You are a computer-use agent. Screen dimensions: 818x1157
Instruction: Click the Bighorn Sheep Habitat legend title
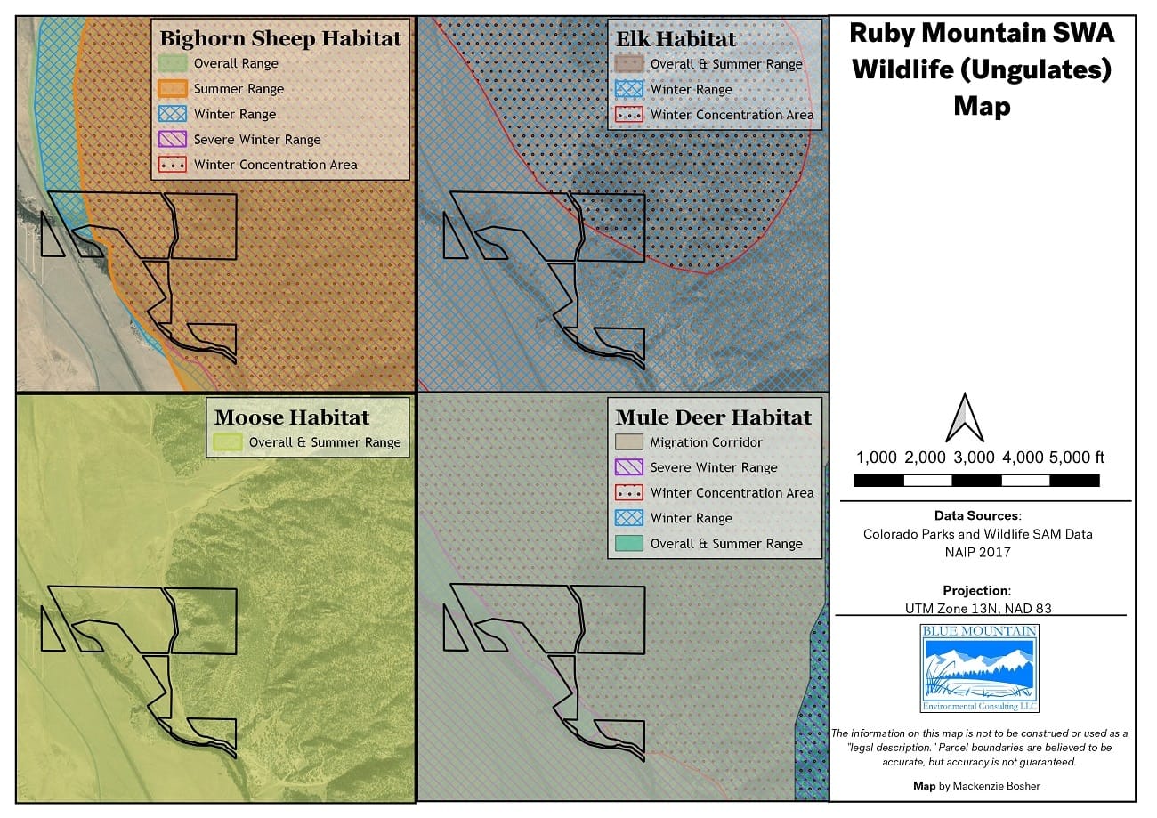coord(279,38)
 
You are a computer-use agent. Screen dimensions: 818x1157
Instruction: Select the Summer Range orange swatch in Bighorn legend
coord(172,89)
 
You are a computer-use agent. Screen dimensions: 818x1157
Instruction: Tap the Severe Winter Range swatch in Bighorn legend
coord(172,140)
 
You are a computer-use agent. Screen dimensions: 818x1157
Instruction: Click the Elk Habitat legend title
coord(676,39)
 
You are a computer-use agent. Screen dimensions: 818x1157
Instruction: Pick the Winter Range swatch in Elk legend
coord(628,90)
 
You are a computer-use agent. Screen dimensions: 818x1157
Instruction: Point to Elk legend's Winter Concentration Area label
coord(732,115)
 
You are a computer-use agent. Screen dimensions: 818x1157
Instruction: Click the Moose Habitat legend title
coord(292,417)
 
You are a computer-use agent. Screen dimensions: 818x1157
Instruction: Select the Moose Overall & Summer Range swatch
coord(228,442)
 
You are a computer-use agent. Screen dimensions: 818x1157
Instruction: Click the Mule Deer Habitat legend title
coord(714,417)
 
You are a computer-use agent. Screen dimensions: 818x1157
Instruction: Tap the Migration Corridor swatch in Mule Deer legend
coord(628,442)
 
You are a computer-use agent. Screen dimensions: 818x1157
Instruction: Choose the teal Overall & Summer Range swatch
coord(628,544)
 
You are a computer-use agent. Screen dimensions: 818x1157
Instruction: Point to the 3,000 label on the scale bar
coord(974,458)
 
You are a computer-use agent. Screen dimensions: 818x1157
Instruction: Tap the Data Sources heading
coord(977,515)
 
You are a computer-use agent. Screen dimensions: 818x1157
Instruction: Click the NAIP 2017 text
coord(978,553)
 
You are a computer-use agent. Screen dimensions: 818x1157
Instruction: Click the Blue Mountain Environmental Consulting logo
coord(978,668)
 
